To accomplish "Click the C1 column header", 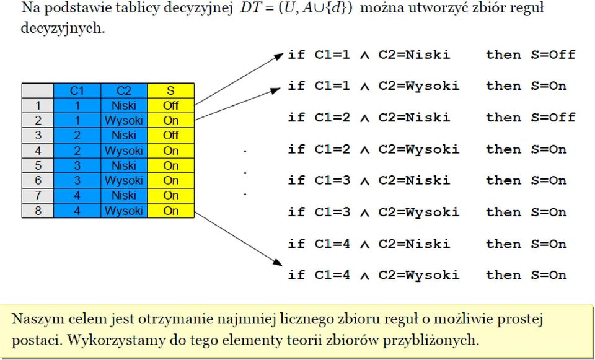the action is pyautogui.click(x=77, y=90).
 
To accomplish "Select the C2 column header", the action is pyautogui.click(x=124, y=90).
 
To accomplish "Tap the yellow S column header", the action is pyautogui.click(x=171, y=90).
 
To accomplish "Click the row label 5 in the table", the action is pyautogui.click(x=38, y=166).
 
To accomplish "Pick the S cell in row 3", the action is pyautogui.click(x=171, y=136).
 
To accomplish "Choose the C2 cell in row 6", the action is pyautogui.click(x=124, y=180).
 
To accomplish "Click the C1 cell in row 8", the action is pyautogui.click(x=77, y=211).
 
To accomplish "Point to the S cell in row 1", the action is pyautogui.click(x=171, y=105).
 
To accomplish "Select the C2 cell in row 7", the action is pyautogui.click(x=124, y=196).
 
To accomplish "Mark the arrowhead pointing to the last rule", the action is pyautogui.click(x=278, y=262).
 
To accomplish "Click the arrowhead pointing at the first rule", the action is pyautogui.click(x=278, y=56).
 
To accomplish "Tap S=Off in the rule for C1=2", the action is pyautogui.click(x=553, y=118).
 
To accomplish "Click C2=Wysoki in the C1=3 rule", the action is pyautogui.click(x=418, y=213).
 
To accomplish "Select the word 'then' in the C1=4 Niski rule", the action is pyautogui.click(x=503, y=244).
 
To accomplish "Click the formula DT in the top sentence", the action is pyautogui.click(x=247, y=8).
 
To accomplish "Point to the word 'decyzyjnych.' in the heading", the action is pyautogui.click(x=63, y=29).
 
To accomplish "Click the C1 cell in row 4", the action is pyautogui.click(x=77, y=151).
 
